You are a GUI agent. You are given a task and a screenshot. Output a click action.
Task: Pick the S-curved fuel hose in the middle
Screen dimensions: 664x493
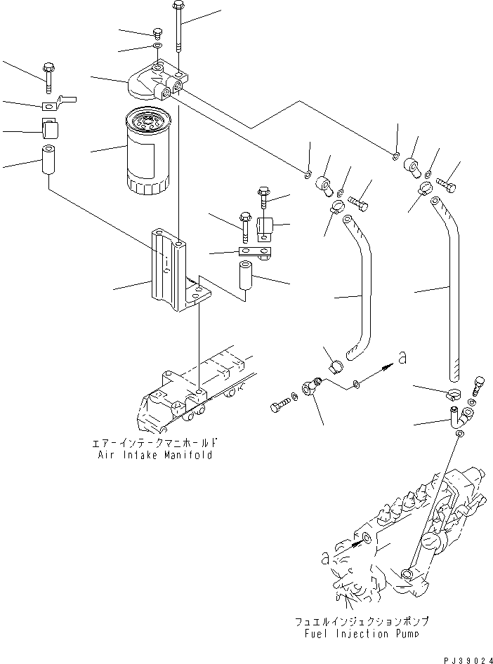[360, 288]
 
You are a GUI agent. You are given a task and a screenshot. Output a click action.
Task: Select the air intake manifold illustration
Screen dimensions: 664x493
[193, 397]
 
